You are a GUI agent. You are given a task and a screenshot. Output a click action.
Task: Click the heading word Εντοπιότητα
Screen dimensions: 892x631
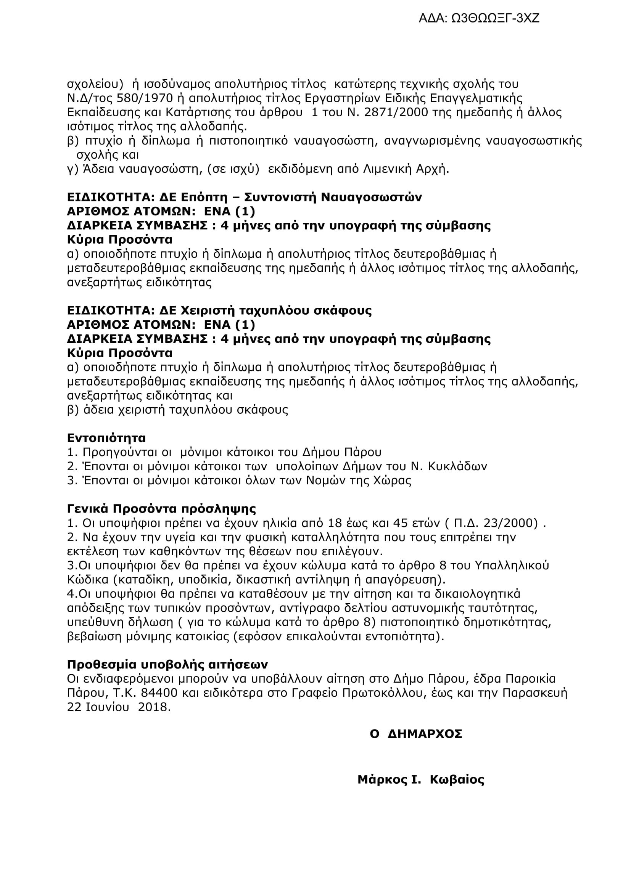106,438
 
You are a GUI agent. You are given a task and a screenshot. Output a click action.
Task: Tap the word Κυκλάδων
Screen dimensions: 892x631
457,466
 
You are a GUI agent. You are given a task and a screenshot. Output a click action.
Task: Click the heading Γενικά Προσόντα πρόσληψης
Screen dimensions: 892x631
162,509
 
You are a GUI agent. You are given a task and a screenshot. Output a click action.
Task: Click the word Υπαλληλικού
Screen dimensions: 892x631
512,565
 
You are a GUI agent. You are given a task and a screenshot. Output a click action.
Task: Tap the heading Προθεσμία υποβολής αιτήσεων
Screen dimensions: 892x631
167,664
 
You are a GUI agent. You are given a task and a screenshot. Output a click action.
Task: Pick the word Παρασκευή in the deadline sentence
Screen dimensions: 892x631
534,693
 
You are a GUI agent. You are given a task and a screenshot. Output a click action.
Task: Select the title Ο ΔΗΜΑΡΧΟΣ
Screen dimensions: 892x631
416,734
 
